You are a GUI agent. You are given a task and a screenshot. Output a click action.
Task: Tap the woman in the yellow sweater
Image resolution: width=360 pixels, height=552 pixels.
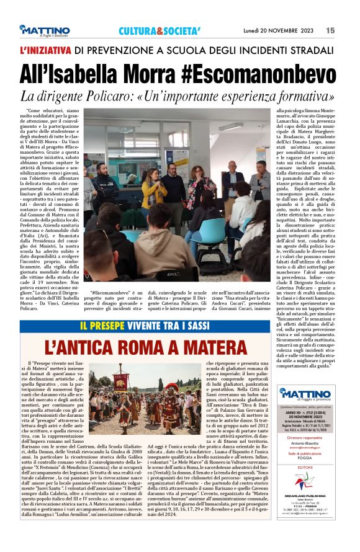pyautogui.click(x=154, y=189)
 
